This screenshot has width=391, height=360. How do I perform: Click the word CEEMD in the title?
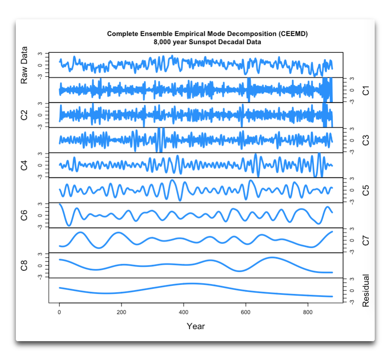tap(294, 34)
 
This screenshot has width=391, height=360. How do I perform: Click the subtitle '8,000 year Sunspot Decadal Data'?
tap(207, 42)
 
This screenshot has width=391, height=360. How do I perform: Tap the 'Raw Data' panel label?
tap(24, 65)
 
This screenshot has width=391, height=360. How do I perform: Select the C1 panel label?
tap(366, 90)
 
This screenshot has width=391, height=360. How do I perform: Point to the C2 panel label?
tap(24, 115)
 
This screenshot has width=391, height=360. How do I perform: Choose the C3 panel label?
tap(366, 141)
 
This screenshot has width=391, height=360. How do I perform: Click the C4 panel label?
tap(24, 165)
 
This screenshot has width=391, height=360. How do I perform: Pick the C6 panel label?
tap(24, 216)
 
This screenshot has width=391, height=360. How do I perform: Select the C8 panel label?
tap(24, 266)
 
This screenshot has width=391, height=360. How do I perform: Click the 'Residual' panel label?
tap(366, 291)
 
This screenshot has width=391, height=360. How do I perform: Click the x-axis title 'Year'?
tap(196, 327)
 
